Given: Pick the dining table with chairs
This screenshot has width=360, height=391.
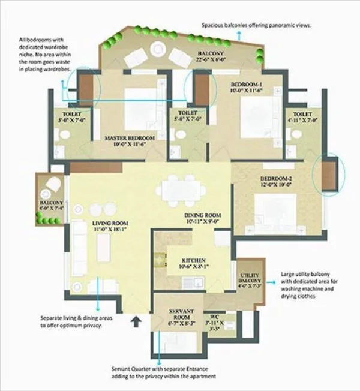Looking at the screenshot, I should pyautogui.click(x=179, y=187).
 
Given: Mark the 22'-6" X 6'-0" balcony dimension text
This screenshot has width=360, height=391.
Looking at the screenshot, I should pyautogui.click(x=211, y=59).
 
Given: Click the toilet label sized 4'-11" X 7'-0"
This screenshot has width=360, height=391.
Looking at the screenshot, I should pyautogui.click(x=298, y=117).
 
